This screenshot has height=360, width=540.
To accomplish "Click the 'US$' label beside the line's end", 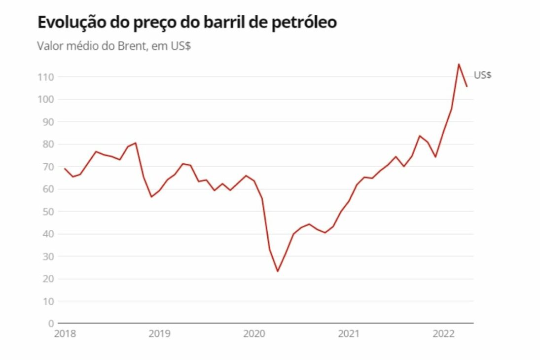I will click(x=483, y=75).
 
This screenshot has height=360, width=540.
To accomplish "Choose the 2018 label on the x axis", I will click(x=65, y=334).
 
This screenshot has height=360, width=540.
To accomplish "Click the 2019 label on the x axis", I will click(x=159, y=334).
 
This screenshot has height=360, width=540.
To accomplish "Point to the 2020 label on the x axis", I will click(x=254, y=334).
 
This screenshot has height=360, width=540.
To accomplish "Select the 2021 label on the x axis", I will click(x=349, y=334).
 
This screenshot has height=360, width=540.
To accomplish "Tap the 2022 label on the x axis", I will click(x=443, y=334).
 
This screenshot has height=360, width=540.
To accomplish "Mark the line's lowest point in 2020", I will click(x=278, y=271).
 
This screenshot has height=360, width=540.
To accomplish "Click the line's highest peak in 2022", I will click(x=459, y=64).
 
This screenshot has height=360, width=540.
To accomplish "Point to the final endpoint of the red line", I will click(x=467, y=87).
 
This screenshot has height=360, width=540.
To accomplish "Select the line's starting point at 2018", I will click(x=65, y=169).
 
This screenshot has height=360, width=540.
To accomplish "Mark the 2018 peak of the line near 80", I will click(x=136, y=143).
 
